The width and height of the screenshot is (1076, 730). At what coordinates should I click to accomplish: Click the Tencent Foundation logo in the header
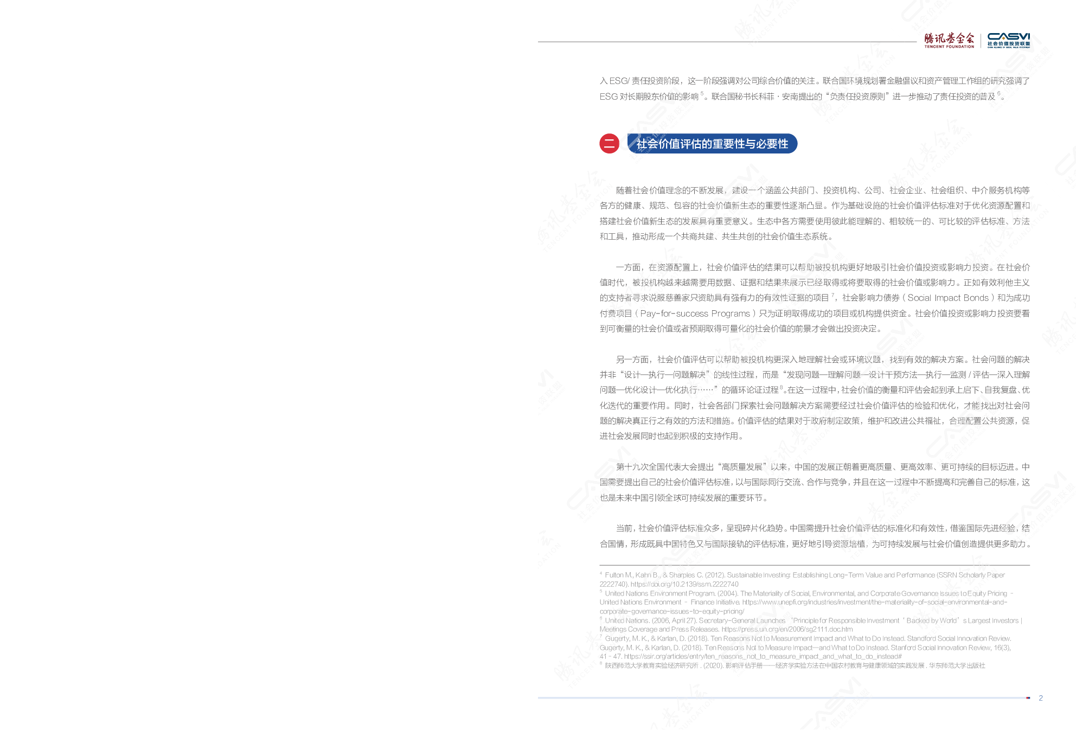click(x=949, y=40)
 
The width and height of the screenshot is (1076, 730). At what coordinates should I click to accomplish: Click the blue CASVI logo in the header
click(x=1008, y=40)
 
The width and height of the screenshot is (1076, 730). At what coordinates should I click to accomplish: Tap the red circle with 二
click(x=609, y=144)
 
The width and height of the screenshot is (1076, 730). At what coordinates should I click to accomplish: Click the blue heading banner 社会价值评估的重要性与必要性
click(x=712, y=144)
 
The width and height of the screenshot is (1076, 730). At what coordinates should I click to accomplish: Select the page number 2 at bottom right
click(x=1041, y=698)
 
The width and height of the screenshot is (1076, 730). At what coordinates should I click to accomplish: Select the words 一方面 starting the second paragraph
click(x=628, y=267)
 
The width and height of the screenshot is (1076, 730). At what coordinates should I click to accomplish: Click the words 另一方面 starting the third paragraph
click(x=632, y=360)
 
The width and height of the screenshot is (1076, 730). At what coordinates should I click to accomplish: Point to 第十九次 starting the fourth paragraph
click(x=632, y=467)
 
